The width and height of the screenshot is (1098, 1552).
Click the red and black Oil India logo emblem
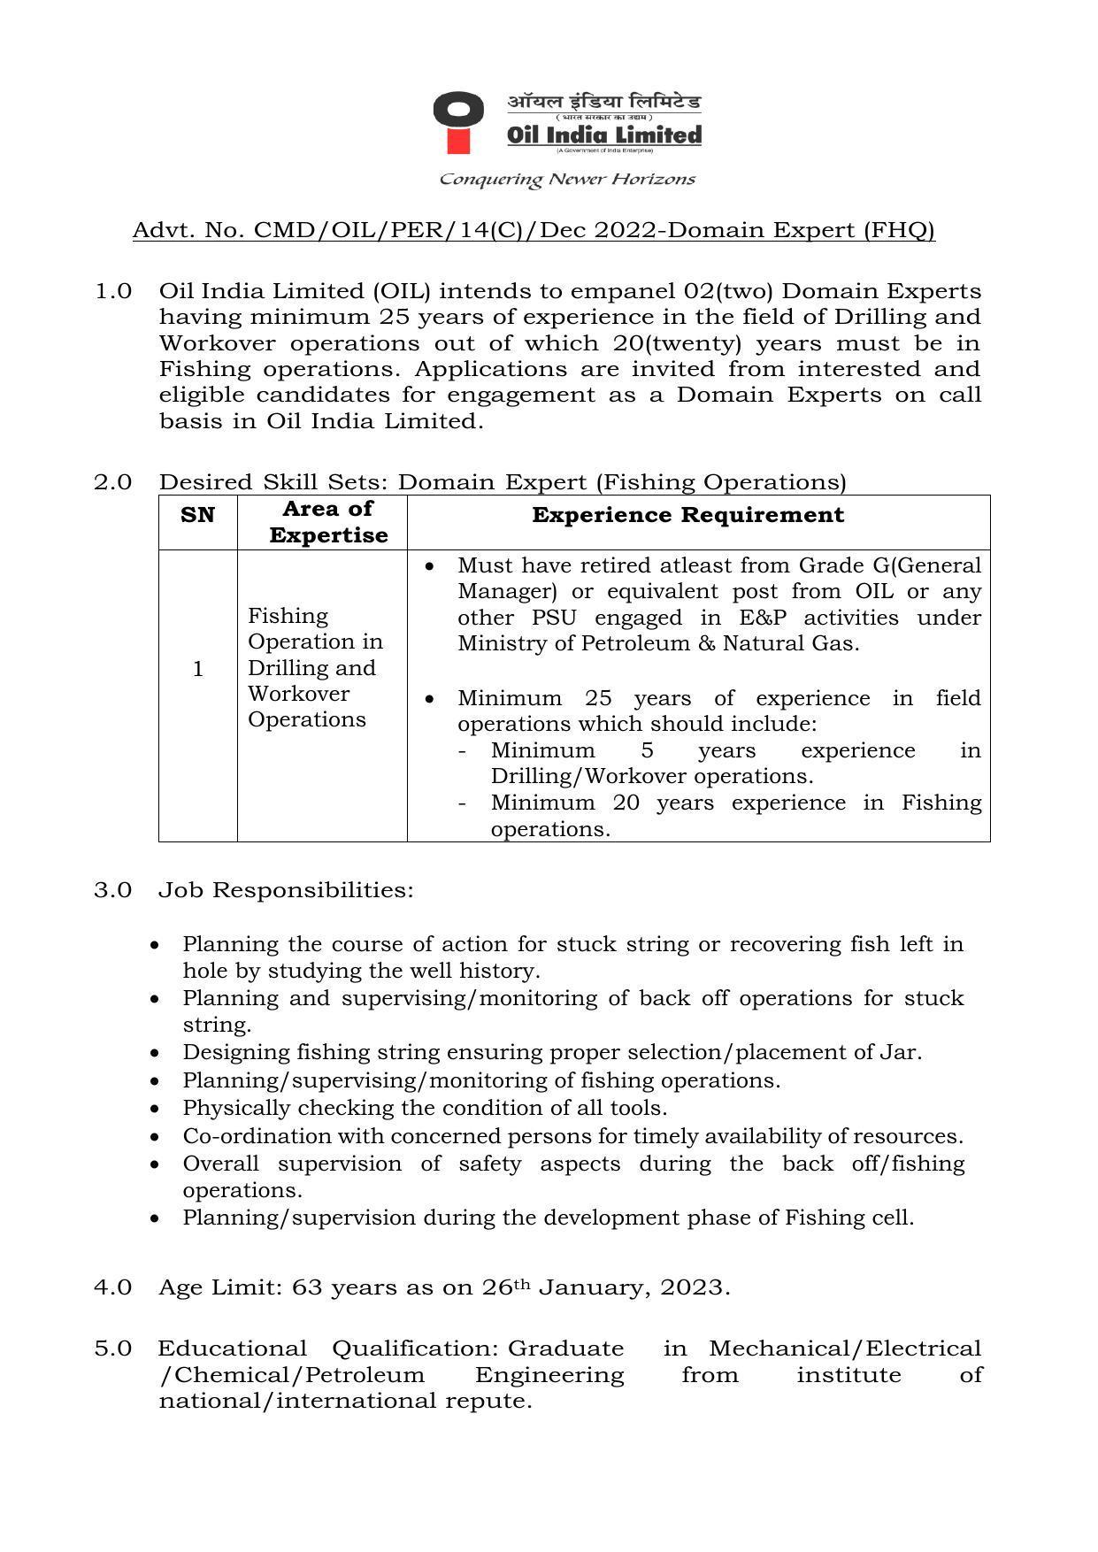(x=458, y=121)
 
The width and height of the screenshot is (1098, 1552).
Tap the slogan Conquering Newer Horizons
(x=567, y=180)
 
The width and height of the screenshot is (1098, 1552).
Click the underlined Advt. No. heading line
(x=534, y=231)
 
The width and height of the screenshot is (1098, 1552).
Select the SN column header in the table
(x=197, y=515)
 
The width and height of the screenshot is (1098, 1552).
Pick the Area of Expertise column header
(x=328, y=522)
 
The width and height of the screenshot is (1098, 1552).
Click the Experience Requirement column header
(x=687, y=515)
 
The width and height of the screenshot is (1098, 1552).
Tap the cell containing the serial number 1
(x=197, y=669)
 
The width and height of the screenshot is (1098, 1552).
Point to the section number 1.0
(x=113, y=291)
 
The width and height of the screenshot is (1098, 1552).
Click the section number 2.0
(x=113, y=482)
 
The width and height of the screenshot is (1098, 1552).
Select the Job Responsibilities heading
(x=286, y=890)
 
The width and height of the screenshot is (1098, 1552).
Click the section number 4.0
(x=113, y=1287)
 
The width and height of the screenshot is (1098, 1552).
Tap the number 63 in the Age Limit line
(x=306, y=1287)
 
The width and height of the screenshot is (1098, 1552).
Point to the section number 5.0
(x=113, y=1349)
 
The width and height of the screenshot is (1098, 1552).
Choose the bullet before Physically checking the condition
(x=156, y=1108)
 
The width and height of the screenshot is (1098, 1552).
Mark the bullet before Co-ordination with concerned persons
(x=156, y=1136)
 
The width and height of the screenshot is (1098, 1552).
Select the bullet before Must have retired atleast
(x=430, y=566)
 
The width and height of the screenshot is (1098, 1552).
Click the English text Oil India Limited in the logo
(x=603, y=135)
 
